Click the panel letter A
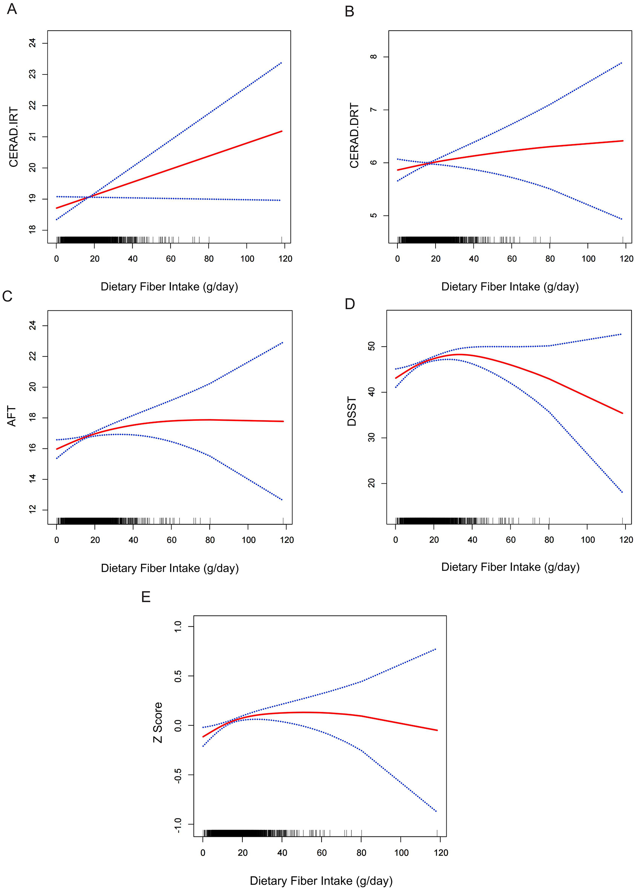12,9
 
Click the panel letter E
146,597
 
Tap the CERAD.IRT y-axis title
14,137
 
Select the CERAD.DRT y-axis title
354,136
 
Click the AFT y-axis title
12,416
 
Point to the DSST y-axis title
352,411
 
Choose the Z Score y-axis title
158,722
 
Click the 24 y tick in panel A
33,43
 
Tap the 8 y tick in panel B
373,57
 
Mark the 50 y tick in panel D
372,346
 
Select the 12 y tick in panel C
33,509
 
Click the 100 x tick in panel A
247,259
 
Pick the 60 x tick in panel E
322,853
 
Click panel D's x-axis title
510,567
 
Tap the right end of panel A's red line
282,131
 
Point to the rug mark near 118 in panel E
437,833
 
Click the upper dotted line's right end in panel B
622,63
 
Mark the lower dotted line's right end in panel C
282,500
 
